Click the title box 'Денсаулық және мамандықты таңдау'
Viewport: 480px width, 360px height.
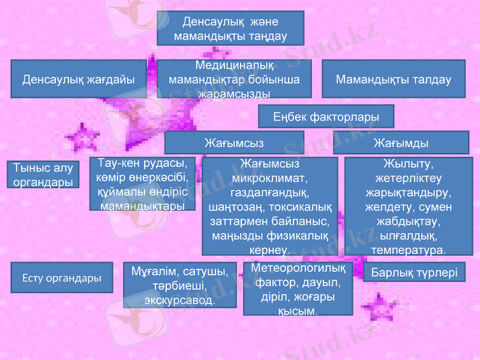230,28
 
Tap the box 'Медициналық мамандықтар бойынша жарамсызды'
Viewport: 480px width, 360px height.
234,79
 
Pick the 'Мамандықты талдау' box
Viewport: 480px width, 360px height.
394,79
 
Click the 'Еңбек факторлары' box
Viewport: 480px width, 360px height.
326,116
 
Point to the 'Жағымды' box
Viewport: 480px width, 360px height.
401,143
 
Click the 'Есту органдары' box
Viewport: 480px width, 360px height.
61,278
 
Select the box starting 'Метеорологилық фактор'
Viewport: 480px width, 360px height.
298,289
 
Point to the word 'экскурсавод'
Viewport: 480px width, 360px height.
179,298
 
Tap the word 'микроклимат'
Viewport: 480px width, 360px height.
270,178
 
